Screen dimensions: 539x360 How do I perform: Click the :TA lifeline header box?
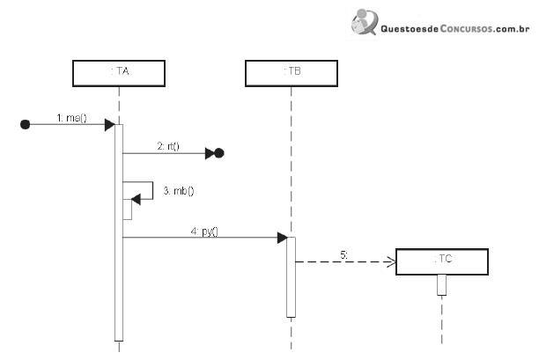coord(119,73)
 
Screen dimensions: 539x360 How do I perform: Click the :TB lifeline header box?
coord(292,73)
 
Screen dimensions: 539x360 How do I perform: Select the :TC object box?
coord(442,261)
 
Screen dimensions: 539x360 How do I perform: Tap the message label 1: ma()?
coord(71,118)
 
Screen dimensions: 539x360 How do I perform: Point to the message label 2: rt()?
coord(168,146)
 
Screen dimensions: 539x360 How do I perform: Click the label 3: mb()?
coord(179,191)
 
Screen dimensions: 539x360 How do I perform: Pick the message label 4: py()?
coord(204,231)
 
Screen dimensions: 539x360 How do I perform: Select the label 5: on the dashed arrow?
coord(343,255)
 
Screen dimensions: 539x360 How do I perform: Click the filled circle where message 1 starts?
coord(25,124)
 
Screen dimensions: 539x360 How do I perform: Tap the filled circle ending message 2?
coord(219,153)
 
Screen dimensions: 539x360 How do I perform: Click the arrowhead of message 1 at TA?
coord(110,125)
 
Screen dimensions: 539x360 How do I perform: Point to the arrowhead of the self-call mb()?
coord(136,199)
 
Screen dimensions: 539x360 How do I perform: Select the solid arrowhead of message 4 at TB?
coord(282,238)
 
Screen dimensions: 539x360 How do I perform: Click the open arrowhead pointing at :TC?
coord(391,262)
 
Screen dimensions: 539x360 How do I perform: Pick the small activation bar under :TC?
coord(442,285)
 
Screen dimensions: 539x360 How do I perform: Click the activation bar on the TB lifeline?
coord(291,277)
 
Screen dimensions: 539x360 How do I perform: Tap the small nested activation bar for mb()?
coord(128,209)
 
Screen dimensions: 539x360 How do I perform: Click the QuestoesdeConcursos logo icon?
coord(365,22)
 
